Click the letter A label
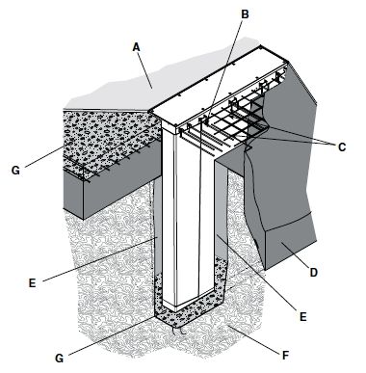coord(137,47)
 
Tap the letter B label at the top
coord(245,14)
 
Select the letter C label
coord(342,147)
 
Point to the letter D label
coord(313,273)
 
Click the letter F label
coord(285,356)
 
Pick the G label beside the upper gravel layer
coord(15,170)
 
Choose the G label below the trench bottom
coord(59,358)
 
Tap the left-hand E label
coord(32,283)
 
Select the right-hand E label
coord(302,317)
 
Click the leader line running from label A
coord(144,70)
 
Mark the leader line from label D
coord(295,256)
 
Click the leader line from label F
coord(254,339)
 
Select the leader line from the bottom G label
coord(112,336)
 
